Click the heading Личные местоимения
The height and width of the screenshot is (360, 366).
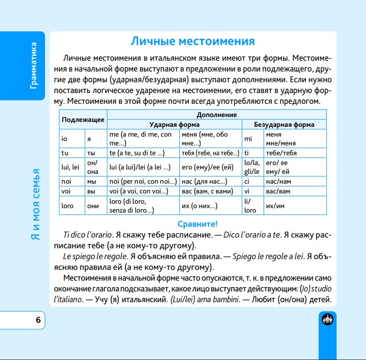pos(193,41)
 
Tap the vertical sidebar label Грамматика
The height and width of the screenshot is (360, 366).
pos(33,65)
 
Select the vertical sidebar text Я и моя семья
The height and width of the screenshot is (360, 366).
pos(33,205)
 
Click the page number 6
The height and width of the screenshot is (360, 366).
pos(38,321)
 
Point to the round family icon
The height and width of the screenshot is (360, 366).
pos(327,320)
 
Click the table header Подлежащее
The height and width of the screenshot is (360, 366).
pos(83,120)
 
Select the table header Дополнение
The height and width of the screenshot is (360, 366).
pos(216,115)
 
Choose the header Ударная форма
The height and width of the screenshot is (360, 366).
pos(174,124)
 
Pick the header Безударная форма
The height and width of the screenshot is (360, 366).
pos(284,124)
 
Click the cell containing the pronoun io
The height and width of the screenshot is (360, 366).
pos(72,139)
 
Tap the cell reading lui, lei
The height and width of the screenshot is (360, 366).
pos(72,167)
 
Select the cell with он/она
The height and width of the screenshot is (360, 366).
pos(95,167)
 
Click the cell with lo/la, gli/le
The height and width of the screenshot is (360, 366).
pos(252,167)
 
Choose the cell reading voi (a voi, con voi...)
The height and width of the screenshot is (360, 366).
pos(142,191)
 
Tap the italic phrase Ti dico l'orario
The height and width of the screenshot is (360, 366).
pos(86,235)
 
